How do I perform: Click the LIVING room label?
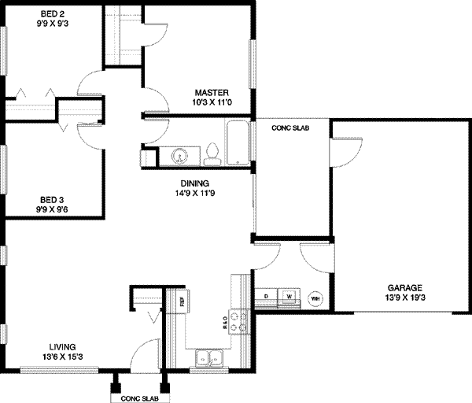(61, 346)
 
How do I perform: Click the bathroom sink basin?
(181, 157)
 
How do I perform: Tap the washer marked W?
(289, 297)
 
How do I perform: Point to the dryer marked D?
(267, 297)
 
